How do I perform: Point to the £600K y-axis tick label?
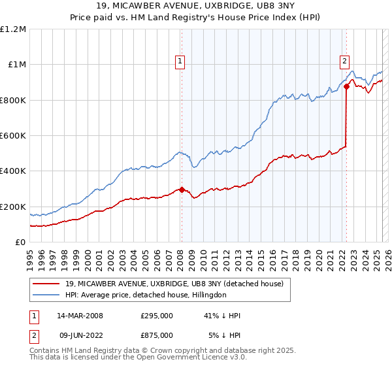pos(13,136)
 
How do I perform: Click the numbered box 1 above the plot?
pos(179,62)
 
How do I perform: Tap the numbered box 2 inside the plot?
pos(344,62)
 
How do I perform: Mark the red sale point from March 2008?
pos(182,190)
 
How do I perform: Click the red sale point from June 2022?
pos(346,87)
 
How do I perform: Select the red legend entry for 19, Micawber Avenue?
pos(174,284)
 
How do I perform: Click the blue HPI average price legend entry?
pos(145,295)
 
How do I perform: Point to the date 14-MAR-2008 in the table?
pos(80,316)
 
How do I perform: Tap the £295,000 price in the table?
pos(157,316)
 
